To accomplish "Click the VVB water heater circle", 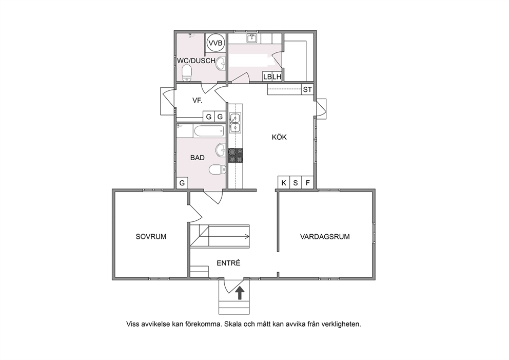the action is coord(216,43).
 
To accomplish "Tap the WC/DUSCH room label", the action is coord(196,61).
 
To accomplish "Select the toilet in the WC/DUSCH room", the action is coord(187,73).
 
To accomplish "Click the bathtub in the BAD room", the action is coord(209,131).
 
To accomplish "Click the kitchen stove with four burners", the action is coord(236,155).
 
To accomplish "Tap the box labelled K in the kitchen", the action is coord(284,183).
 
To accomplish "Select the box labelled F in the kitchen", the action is coord(308,183).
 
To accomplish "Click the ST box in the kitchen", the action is coord(307,89).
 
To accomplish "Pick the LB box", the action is coord(267,77).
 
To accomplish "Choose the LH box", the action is coord(277,77).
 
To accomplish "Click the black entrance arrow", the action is coord(240,293).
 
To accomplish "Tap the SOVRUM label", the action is coord(151,237).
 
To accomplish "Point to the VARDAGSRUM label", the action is coord(325,237).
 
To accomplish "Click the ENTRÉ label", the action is coord(228,263).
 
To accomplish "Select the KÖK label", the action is coord(279,137).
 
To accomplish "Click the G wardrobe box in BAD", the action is coord(182,183).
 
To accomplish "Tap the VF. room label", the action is coord(198,100).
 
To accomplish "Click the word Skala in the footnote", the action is coord(233,324).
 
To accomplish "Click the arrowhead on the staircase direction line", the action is coord(248,237).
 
